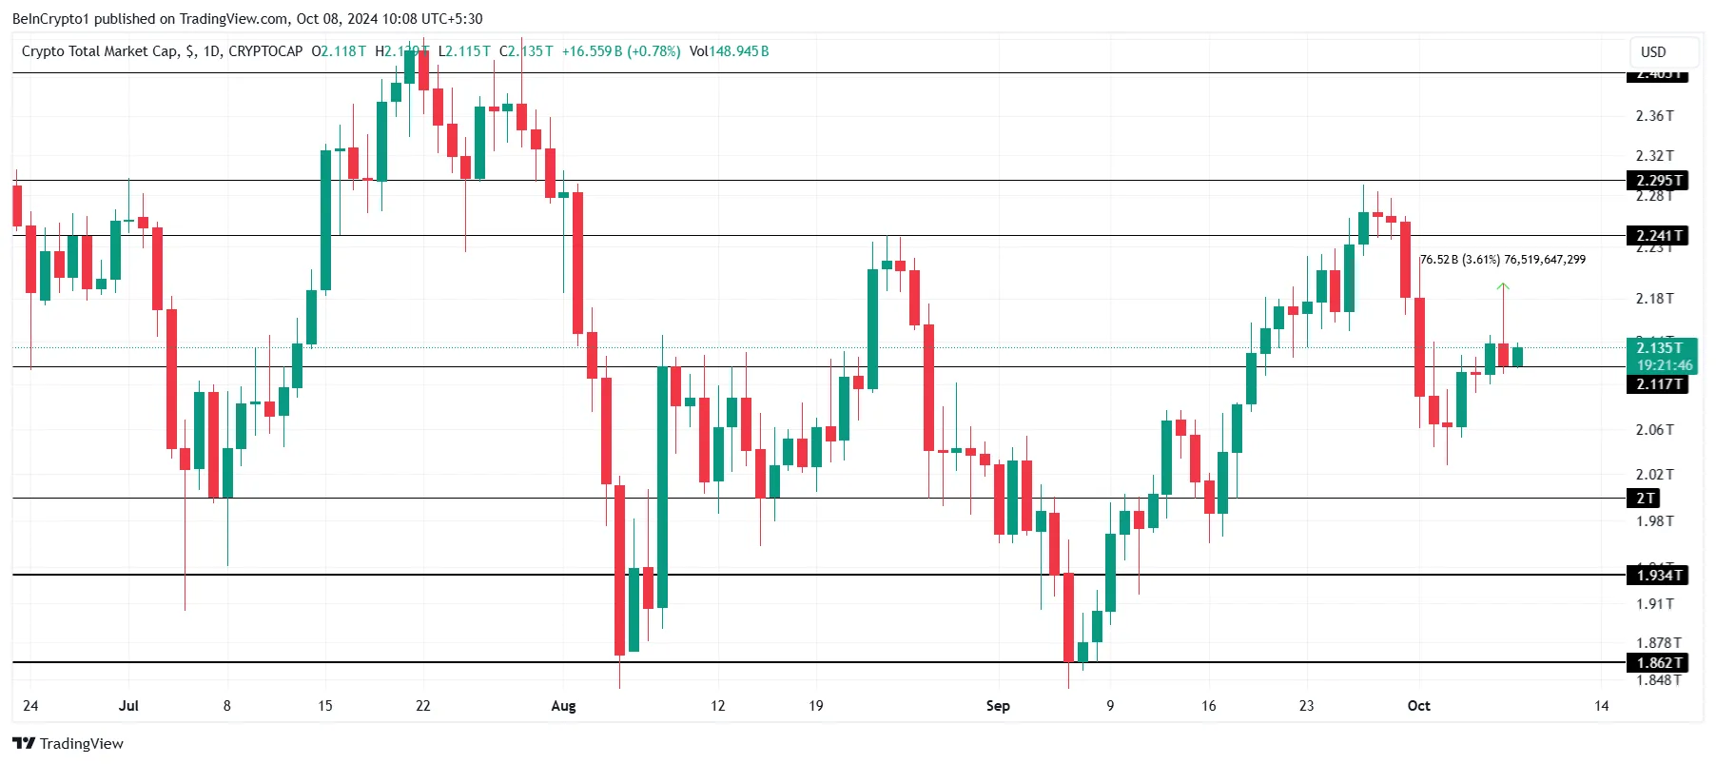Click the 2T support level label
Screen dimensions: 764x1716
pyautogui.click(x=1646, y=499)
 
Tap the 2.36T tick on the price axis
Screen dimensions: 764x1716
pyautogui.click(x=1654, y=116)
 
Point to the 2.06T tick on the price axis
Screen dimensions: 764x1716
pyautogui.click(x=1654, y=430)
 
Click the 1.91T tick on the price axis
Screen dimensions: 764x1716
pyautogui.click(x=1654, y=604)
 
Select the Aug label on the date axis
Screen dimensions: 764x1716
pyautogui.click(x=563, y=706)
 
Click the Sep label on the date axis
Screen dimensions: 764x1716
pyautogui.click(x=998, y=706)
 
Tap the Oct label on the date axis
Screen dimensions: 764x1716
pyautogui.click(x=1418, y=706)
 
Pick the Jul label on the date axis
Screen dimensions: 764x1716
pyautogui.click(x=128, y=706)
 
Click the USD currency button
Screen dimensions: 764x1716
pyautogui.click(x=1653, y=52)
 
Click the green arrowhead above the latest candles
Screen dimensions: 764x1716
pyautogui.click(x=1503, y=285)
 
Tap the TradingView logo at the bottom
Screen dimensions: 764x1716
pyautogui.click(x=68, y=744)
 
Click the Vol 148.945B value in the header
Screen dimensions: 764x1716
pyautogui.click(x=730, y=51)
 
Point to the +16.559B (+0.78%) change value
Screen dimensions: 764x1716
pyautogui.click(x=621, y=51)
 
